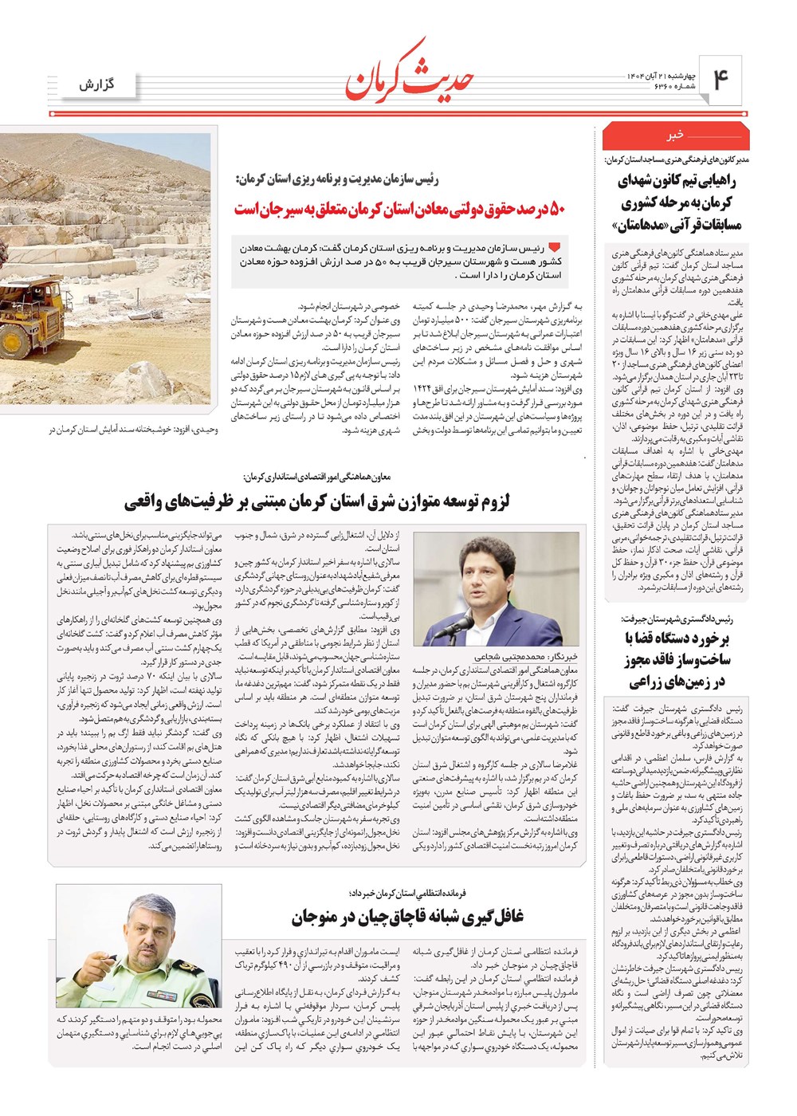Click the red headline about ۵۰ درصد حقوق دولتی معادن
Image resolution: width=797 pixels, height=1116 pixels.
pyautogui.click(x=400, y=210)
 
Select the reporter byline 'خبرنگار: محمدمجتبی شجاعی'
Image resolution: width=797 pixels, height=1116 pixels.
pyautogui.click(x=526, y=657)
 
